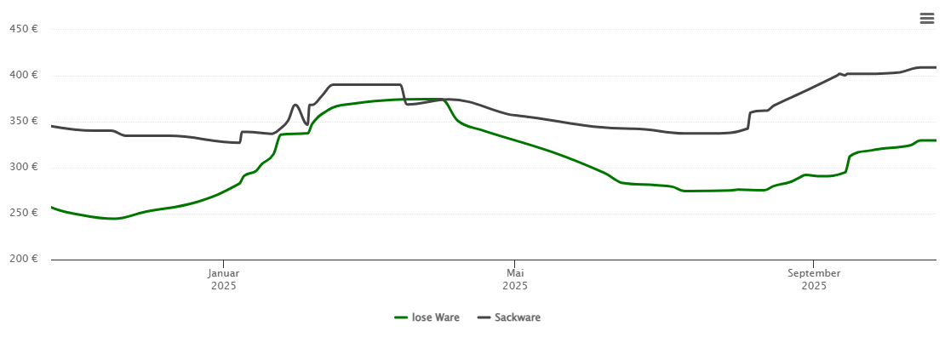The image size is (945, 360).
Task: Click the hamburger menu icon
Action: [x=927, y=19]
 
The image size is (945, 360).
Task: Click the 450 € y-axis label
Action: [x=24, y=29]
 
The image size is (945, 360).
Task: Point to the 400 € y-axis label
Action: [x=24, y=75]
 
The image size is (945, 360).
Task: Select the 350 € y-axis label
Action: [x=24, y=121]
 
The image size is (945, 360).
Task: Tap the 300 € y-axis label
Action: [x=24, y=167]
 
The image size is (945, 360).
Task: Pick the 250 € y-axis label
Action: [x=24, y=213]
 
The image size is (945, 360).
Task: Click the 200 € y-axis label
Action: [x=24, y=259]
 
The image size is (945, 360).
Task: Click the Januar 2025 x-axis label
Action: [x=224, y=279]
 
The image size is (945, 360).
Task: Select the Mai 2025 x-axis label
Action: [x=515, y=279]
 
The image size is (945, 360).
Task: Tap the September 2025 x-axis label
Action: [x=814, y=279]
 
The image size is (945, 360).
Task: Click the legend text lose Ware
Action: [x=436, y=317]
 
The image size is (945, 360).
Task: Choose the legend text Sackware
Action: [x=518, y=317]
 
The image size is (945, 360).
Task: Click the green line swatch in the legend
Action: [x=401, y=317]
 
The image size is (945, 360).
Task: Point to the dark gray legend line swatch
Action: [x=484, y=317]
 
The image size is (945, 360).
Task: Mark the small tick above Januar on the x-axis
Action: [x=224, y=263]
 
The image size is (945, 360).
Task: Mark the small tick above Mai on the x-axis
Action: [x=515, y=263]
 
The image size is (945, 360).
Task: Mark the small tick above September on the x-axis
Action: [x=814, y=263]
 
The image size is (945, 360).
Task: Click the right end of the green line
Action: [x=936, y=140]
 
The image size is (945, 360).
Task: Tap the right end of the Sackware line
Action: [x=936, y=67]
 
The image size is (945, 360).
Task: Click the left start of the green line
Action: [x=52, y=207]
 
